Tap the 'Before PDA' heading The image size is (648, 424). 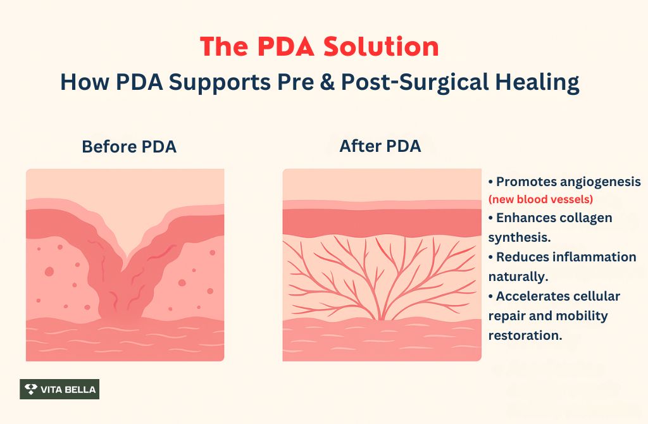pos(129,147)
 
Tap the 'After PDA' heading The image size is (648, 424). pos(380,146)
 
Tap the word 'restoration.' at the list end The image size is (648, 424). pos(525,335)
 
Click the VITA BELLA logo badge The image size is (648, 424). pos(59,389)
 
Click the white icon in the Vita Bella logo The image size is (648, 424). pos(30,389)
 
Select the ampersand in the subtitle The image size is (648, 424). pos(325,83)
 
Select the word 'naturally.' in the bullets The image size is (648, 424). pos(517,277)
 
